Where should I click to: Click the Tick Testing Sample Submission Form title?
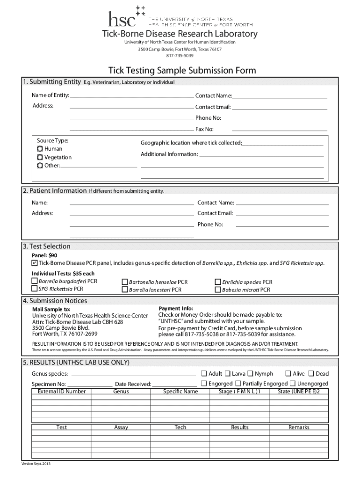click(x=182, y=71)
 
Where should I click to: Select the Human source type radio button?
click(x=40, y=149)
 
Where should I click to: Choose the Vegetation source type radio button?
click(x=40, y=157)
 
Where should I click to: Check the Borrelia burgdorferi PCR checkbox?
click(x=35, y=281)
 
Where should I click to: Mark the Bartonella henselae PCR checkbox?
click(x=125, y=282)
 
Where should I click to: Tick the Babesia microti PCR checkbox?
click(x=218, y=290)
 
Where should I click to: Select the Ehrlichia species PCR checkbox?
click(x=218, y=282)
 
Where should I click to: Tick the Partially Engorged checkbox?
click(x=238, y=383)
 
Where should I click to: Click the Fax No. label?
click(x=204, y=129)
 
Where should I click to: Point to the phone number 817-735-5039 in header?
click(x=180, y=56)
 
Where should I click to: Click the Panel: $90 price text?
click(x=44, y=255)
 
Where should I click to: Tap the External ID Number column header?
click(x=62, y=391)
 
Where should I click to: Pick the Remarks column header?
click(x=299, y=427)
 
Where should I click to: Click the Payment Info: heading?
click(x=176, y=309)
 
